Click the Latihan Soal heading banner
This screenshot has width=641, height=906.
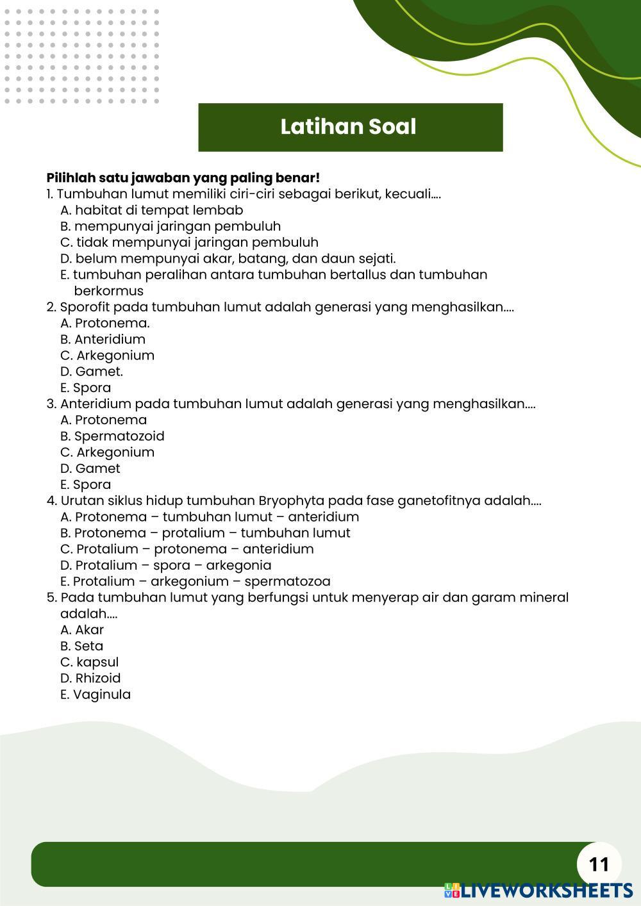pos(350,127)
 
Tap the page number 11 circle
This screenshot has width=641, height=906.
pos(599,864)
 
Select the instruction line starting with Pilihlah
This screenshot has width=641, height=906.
pos(183,177)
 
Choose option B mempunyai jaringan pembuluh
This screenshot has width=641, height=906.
pos(171,226)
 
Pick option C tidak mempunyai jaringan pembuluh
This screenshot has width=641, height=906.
pos(189,242)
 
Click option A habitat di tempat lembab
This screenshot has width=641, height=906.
pos(152,210)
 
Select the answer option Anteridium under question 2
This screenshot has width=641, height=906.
pos(103,340)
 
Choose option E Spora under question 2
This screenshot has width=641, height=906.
pos(86,388)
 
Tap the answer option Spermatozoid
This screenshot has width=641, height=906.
pos(113,436)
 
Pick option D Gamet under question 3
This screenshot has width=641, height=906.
pos(90,468)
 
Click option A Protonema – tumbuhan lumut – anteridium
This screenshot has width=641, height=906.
pos(210,517)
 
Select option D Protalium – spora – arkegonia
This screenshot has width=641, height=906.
pos(165,565)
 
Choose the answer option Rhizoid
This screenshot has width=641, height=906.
pos(90,678)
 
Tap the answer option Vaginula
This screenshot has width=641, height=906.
pos(96,695)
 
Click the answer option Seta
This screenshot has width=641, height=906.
pos(82,646)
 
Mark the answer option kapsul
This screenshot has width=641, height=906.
pos(90,662)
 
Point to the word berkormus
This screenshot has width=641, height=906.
pos(109,291)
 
